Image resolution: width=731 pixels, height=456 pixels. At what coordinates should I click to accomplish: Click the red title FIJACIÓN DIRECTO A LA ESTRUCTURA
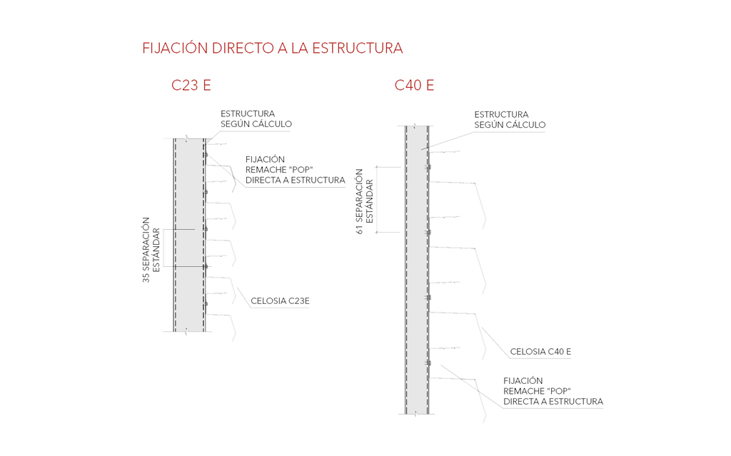pyautogui.click(x=273, y=49)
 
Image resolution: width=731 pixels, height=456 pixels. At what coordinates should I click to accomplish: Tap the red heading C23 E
pyautogui.click(x=191, y=86)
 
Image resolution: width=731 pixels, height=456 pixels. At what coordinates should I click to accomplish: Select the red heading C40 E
pyautogui.click(x=414, y=86)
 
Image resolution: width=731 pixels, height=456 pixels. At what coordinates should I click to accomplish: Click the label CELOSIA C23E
pyautogui.click(x=280, y=301)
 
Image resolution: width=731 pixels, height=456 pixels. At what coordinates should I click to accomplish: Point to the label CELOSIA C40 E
pyautogui.click(x=540, y=352)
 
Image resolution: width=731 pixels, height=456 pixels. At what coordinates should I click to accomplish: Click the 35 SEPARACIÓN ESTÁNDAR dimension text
pyautogui.click(x=151, y=250)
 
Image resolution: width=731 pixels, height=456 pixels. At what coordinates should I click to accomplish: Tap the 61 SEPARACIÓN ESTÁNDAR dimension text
pyautogui.click(x=364, y=201)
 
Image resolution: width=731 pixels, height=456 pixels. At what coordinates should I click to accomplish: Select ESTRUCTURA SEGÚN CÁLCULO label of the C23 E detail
pyautogui.click(x=256, y=119)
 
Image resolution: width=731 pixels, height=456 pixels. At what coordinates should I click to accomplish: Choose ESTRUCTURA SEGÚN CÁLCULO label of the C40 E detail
pyautogui.click(x=510, y=119)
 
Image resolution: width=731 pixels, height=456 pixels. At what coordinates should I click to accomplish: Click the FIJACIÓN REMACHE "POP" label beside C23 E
pyautogui.click(x=295, y=170)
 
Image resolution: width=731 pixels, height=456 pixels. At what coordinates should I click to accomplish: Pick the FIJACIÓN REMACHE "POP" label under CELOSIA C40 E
pyautogui.click(x=553, y=391)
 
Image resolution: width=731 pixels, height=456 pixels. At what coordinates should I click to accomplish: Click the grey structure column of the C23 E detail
pyautogui.click(x=189, y=235)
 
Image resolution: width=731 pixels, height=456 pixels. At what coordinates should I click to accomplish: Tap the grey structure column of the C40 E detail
pyautogui.click(x=417, y=271)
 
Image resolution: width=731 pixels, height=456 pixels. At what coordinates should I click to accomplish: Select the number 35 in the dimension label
pyautogui.click(x=146, y=278)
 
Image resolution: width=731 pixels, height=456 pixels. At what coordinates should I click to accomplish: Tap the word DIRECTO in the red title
pyautogui.click(x=236, y=49)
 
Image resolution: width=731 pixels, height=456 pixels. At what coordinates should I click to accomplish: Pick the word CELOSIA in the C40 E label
pyautogui.click(x=527, y=352)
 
